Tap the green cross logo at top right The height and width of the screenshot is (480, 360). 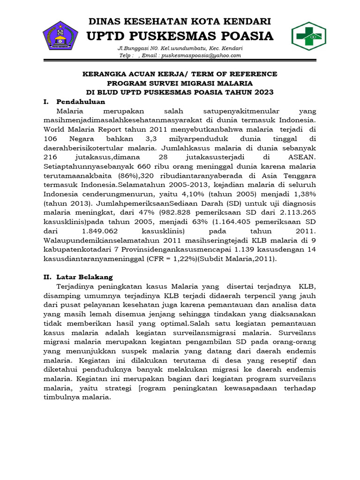pos(309,36)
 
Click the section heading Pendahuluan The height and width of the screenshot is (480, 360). pos(81,101)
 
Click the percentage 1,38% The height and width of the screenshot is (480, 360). pos(302,194)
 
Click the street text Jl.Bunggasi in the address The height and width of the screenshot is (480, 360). pos(133,49)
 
